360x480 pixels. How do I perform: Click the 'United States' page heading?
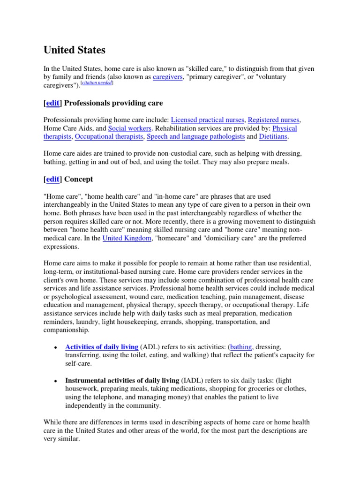click(75, 50)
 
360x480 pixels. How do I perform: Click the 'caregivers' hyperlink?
click(168, 77)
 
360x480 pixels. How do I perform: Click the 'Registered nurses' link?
click(274, 120)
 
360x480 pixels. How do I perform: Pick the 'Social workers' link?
click(129, 128)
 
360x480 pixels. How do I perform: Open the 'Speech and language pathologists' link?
click(195, 136)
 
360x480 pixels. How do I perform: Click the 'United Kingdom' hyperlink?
click(127, 238)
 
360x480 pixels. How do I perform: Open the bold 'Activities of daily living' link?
click(102, 347)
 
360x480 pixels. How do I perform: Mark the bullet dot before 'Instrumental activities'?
click(55, 381)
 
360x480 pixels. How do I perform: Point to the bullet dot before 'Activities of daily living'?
click(55, 347)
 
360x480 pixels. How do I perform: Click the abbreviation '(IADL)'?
click(192, 381)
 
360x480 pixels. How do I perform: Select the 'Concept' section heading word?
click(79, 179)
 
